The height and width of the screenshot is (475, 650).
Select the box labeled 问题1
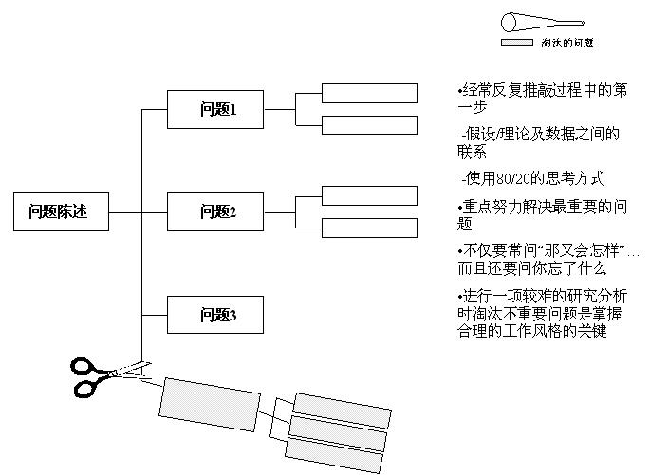coord(216,109)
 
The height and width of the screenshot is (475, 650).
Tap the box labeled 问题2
coord(216,211)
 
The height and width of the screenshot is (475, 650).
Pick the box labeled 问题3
coord(216,315)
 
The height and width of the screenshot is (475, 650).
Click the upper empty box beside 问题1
coord(369,93)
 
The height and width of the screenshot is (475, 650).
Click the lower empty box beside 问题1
coord(369,125)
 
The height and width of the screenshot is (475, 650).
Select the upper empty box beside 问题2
coord(369,195)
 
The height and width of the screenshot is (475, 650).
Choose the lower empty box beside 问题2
coord(369,228)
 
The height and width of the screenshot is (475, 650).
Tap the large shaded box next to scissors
coord(209,404)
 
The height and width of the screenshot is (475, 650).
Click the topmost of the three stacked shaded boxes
coord(341,410)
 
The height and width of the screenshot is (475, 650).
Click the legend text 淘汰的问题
coord(566,43)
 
